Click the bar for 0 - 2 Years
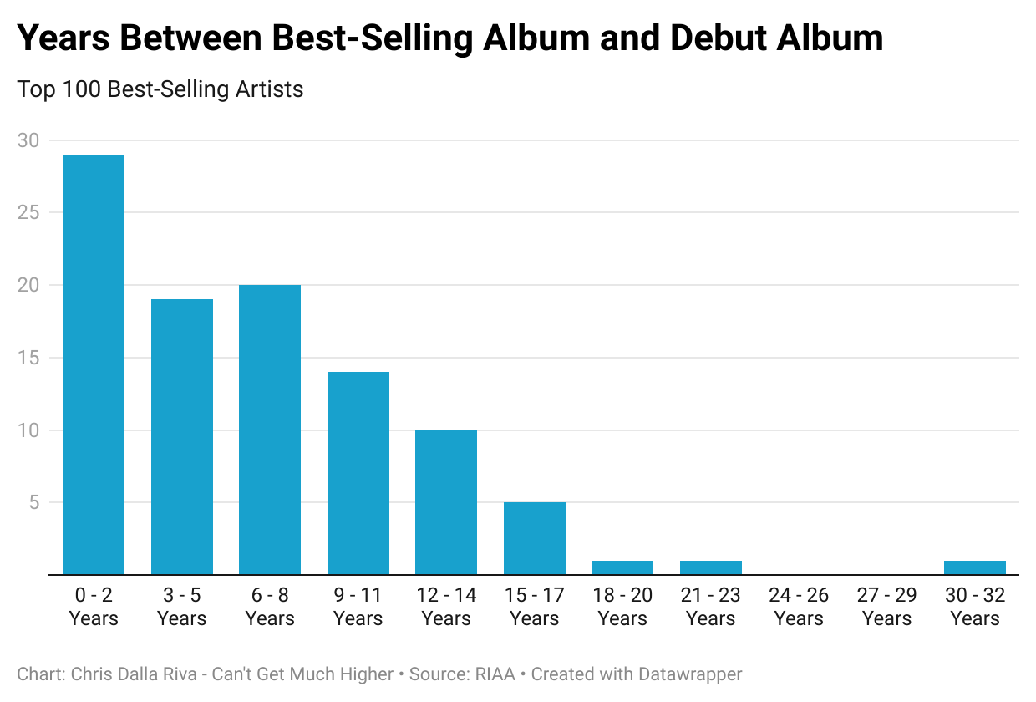[x=94, y=364]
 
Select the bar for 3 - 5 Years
[x=181, y=437]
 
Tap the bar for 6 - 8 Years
[x=270, y=430]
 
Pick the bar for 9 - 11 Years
[x=358, y=473]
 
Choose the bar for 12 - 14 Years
[x=446, y=502]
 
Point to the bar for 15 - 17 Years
[x=534, y=538]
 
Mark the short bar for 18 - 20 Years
[x=622, y=567]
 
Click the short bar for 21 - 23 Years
[x=710, y=567]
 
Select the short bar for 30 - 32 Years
[x=975, y=567]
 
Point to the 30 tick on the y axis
[x=28, y=140]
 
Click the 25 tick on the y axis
[x=28, y=212]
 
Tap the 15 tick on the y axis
[x=28, y=358]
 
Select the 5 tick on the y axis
[x=33, y=503]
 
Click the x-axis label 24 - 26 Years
[x=799, y=607]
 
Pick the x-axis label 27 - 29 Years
[x=886, y=607]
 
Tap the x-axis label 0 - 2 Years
[x=94, y=607]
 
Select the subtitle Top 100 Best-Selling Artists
[x=160, y=89]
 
